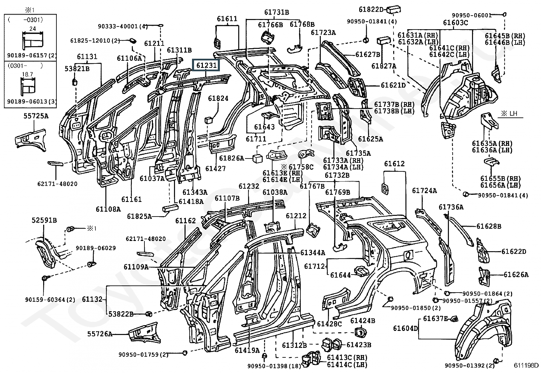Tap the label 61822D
[371, 10]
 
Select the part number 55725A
[36, 116]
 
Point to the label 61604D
[405, 328]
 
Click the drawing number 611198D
[526, 365]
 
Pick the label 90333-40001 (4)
[123, 26]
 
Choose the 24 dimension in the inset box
[33, 29]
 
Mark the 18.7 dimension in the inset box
[27, 74]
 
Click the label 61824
[218, 98]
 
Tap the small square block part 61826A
[257, 158]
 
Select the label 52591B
[44, 220]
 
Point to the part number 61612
[395, 164]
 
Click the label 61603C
[455, 23]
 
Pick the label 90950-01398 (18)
[274, 366]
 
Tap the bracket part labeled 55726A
[144, 333]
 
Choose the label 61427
[215, 169]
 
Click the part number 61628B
[489, 226]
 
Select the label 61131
[87, 57]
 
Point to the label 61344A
[313, 253]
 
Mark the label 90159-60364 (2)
[50, 300]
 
